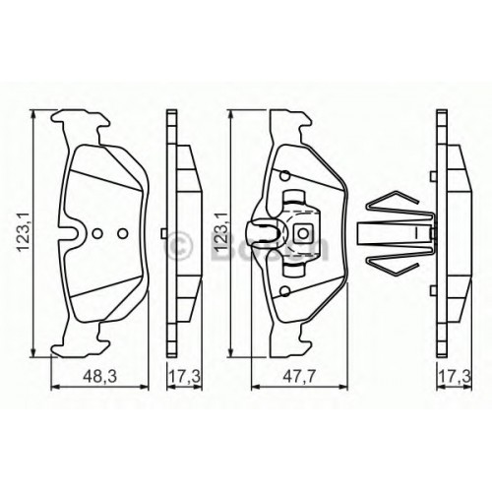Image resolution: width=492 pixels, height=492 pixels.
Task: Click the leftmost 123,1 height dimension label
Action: pyautogui.click(x=25, y=232)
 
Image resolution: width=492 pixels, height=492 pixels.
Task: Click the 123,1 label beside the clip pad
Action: pyautogui.click(x=221, y=232)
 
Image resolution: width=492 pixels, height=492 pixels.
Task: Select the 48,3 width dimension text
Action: pyautogui.click(x=99, y=377)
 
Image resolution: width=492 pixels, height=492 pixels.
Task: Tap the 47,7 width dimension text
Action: pyautogui.click(x=298, y=377)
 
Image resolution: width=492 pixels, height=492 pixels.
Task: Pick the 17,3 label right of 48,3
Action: pyautogui.click(x=184, y=377)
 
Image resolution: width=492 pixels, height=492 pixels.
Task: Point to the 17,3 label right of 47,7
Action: pyautogui.click(x=455, y=377)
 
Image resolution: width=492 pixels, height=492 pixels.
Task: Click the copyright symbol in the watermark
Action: pyautogui.click(x=179, y=245)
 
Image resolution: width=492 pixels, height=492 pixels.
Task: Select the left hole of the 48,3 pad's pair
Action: pyautogui.click(x=97, y=233)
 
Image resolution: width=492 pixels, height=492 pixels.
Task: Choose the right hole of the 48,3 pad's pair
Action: pyautogui.click(x=123, y=233)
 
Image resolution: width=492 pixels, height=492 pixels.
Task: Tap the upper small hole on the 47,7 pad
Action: pyautogui.click(x=285, y=176)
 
